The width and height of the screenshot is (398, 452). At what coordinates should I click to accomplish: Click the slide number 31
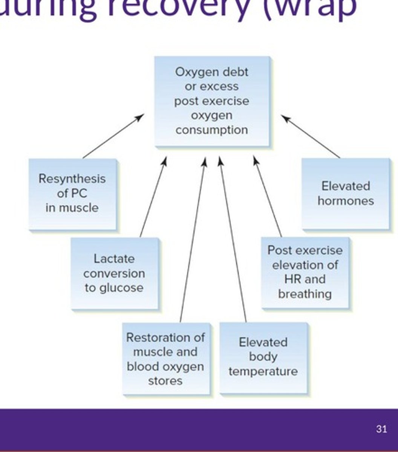(x=381, y=429)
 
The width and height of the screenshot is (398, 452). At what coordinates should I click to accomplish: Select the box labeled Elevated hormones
(x=346, y=194)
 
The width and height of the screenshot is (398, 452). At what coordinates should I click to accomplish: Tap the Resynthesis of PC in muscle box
(x=72, y=194)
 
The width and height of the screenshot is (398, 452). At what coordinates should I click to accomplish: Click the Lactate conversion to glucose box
(x=115, y=273)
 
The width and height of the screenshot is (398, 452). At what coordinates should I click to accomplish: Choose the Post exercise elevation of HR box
(x=305, y=273)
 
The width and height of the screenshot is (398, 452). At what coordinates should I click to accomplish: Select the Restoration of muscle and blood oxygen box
(x=166, y=359)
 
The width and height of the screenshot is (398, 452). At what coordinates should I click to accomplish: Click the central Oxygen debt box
(x=212, y=101)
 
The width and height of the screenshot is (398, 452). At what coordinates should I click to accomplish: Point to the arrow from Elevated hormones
(x=311, y=136)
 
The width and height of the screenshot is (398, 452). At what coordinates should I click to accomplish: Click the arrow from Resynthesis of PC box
(x=113, y=136)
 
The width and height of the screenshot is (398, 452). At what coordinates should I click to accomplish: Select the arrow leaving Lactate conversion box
(x=153, y=197)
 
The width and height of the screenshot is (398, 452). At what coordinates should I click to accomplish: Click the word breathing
(x=305, y=294)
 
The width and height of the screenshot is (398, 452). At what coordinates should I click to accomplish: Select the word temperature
(x=263, y=372)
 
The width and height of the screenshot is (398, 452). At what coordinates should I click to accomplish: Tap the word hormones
(x=346, y=201)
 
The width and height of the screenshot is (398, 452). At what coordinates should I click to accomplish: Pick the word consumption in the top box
(x=212, y=130)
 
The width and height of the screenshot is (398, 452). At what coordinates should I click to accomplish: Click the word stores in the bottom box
(x=165, y=381)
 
